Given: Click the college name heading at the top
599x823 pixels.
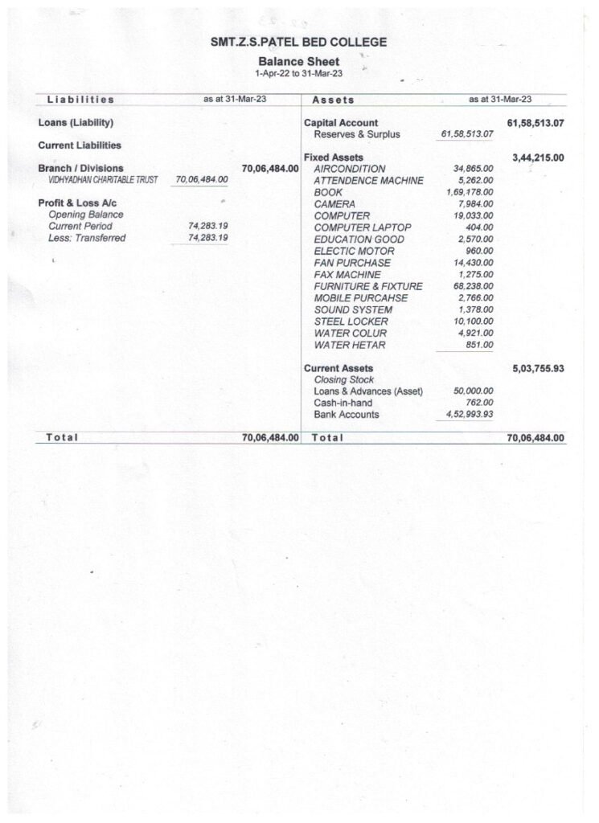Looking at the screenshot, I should (x=298, y=41).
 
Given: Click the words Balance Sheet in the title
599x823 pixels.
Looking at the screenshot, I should (x=298, y=61).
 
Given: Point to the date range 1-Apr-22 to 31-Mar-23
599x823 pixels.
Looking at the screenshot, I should (x=298, y=72).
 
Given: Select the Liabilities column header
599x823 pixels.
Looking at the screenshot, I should (x=80, y=100).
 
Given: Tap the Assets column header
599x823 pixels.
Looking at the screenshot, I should (x=333, y=100).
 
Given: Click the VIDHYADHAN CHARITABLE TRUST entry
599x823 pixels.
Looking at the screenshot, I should (x=104, y=180).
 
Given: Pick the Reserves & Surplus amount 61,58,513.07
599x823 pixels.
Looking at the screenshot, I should (x=467, y=134).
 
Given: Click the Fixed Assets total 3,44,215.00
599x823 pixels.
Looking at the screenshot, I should (x=537, y=158).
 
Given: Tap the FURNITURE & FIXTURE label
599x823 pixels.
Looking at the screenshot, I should (x=368, y=286).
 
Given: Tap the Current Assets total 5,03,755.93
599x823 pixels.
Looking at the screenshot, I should (x=537, y=368).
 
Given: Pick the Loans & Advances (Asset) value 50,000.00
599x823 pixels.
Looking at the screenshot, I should (x=473, y=391).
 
